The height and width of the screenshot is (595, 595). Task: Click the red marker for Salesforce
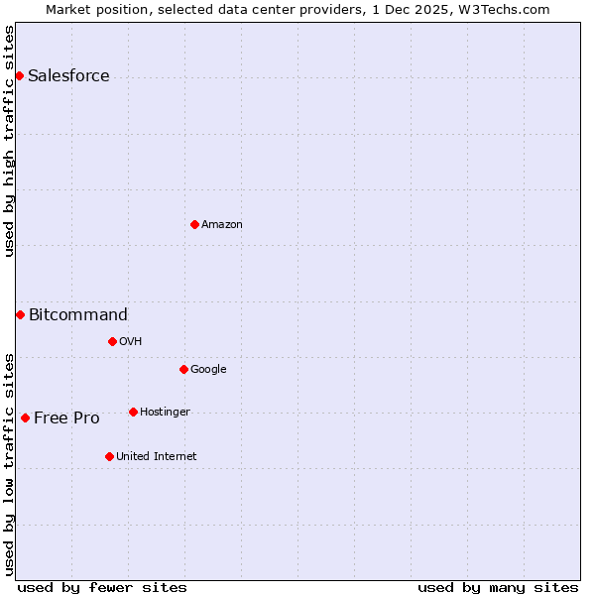tap(19, 75)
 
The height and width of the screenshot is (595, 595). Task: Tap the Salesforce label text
tap(68, 76)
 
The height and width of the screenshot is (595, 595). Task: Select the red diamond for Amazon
tap(194, 224)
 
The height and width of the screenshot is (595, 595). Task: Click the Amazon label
tap(222, 225)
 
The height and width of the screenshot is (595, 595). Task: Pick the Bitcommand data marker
tap(20, 314)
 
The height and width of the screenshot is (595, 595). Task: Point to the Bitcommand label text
tap(78, 315)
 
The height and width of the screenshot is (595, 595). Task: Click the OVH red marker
tap(112, 341)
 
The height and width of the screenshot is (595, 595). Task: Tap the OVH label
tap(131, 342)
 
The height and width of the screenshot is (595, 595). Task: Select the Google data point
tap(183, 369)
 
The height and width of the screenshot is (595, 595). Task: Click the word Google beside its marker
tap(208, 370)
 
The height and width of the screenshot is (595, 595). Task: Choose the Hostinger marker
tap(133, 412)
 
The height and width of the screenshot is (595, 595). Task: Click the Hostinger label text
tap(165, 413)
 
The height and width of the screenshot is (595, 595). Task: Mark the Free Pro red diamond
tap(25, 417)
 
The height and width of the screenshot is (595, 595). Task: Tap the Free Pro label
tap(66, 418)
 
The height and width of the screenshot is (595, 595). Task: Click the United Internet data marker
tap(109, 456)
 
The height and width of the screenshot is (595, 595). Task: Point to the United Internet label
tap(156, 457)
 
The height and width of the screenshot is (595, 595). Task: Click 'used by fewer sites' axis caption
tap(102, 587)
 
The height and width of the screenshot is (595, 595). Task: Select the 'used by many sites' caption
tap(498, 587)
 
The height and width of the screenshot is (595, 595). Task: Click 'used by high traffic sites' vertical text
tap(9, 141)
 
